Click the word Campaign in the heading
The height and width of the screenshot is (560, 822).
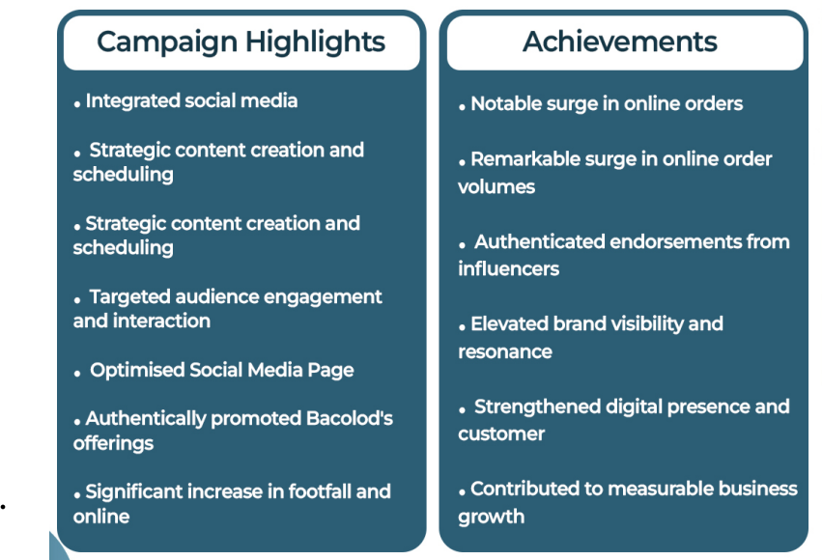tap(167, 42)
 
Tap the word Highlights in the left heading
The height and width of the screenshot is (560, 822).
tap(315, 42)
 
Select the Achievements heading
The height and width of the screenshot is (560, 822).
tap(620, 42)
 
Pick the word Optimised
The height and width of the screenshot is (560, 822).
tap(137, 371)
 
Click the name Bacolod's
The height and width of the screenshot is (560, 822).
tap(349, 418)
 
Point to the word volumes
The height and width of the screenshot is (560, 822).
tap(496, 187)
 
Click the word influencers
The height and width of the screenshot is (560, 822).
tap(508, 269)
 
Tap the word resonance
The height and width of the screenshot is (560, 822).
tap(505, 352)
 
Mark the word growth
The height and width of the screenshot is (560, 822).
tap(492, 518)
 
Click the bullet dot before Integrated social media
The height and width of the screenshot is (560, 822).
tap(77, 105)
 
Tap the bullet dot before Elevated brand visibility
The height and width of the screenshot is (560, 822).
tap(462, 328)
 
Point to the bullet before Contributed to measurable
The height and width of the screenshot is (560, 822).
tap(462, 492)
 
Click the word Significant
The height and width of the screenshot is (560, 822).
tap(133, 492)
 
